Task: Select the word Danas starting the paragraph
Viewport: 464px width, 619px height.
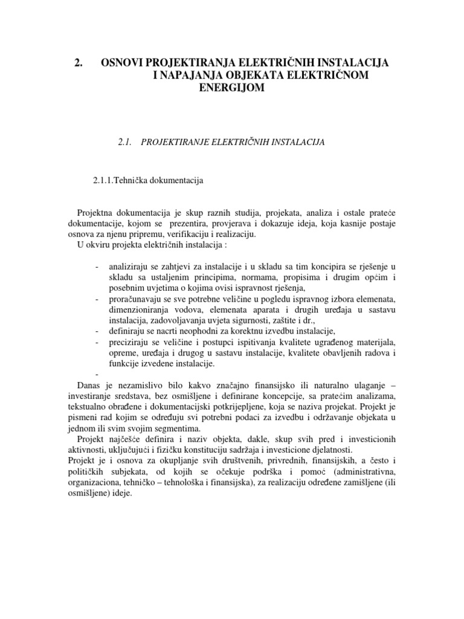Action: click(90, 385)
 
